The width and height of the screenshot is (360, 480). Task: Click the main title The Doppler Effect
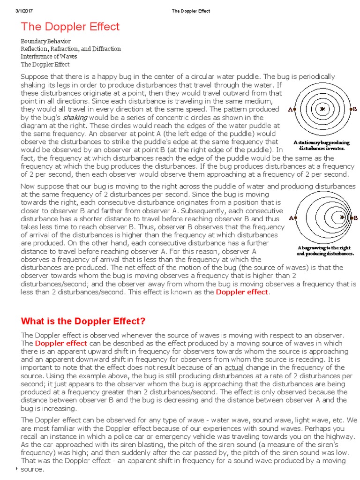coord(70,27)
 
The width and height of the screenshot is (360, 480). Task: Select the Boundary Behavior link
coord(45,42)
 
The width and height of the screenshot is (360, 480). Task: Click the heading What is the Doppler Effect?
coord(83,322)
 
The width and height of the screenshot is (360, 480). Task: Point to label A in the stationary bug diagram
coord(291,110)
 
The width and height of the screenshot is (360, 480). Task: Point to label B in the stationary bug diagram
coord(354,109)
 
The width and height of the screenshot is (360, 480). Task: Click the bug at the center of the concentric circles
coord(322,109)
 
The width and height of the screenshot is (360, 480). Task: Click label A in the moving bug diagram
coord(292,218)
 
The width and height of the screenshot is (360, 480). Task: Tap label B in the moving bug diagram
coord(355,218)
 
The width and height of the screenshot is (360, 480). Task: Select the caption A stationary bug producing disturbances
coord(322,145)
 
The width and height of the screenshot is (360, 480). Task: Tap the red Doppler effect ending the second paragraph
coord(242,292)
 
